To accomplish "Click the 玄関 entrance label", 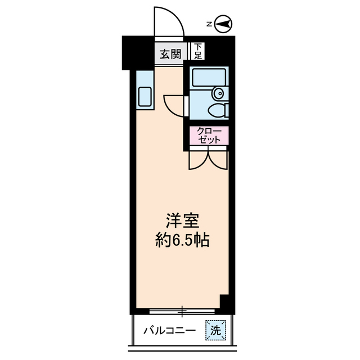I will point(170,54).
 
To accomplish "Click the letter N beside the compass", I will point(209,24).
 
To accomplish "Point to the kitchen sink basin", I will point(145,97).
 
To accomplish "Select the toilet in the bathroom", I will point(216,109).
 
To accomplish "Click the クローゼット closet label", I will point(209,135).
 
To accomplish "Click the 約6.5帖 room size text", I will point(182,241).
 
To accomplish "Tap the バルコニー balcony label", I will point(169,330).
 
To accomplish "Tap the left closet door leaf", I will point(199,159).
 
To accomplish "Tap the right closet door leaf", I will point(218,159).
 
